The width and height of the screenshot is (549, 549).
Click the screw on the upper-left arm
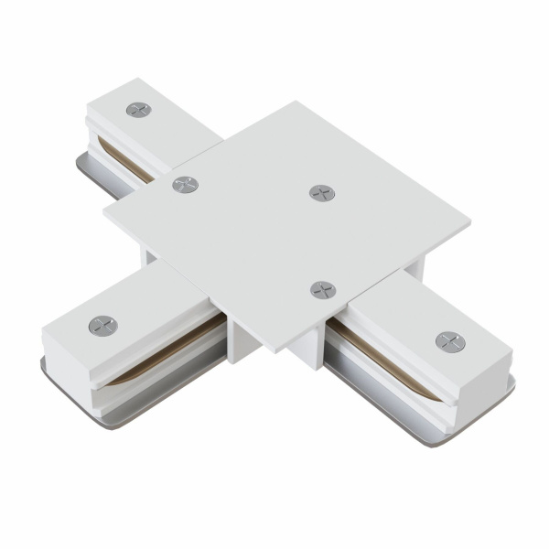[139, 110]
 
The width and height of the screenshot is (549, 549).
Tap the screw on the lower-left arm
[102, 325]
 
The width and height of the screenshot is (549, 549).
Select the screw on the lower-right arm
[449, 341]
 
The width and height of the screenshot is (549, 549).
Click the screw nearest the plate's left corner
[186, 185]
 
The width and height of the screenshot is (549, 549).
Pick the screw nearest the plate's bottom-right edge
[322, 290]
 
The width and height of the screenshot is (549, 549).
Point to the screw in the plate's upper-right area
[321, 193]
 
